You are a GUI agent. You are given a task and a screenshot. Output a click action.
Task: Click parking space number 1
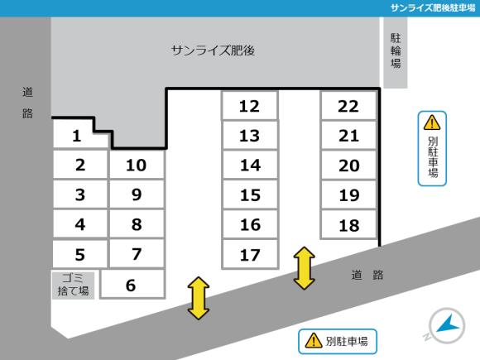click(x=76, y=136)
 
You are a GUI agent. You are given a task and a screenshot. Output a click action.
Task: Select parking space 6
click(x=131, y=285)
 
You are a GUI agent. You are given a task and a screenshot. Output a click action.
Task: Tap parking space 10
click(x=137, y=165)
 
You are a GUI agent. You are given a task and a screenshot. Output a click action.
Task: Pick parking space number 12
click(x=249, y=106)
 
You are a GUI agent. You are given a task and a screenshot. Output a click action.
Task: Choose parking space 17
click(x=249, y=254)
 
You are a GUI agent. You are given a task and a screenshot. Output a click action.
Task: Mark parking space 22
click(x=348, y=106)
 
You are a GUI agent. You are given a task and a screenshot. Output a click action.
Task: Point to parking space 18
click(x=348, y=224)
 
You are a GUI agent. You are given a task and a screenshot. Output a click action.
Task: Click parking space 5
click(x=79, y=254)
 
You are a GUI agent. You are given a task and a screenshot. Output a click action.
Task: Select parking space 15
click(x=249, y=195)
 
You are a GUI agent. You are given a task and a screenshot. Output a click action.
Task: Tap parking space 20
click(x=348, y=166)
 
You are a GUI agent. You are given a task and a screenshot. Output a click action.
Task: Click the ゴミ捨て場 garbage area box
click(x=74, y=284)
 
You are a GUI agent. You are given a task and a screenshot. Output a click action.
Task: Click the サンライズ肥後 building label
click(x=213, y=50)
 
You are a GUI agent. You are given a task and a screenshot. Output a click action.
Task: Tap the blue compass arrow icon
click(x=447, y=325)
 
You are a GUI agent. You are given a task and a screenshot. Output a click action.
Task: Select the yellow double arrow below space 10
click(x=198, y=298)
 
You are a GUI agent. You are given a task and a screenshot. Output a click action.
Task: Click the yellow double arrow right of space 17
click(x=305, y=267)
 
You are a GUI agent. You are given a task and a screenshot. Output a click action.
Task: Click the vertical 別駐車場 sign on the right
click(x=431, y=149)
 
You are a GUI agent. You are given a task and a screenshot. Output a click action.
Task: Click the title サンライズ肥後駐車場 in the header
click(x=432, y=7)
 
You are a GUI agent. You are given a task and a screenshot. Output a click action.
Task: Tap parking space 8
click(x=137, y=224)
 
